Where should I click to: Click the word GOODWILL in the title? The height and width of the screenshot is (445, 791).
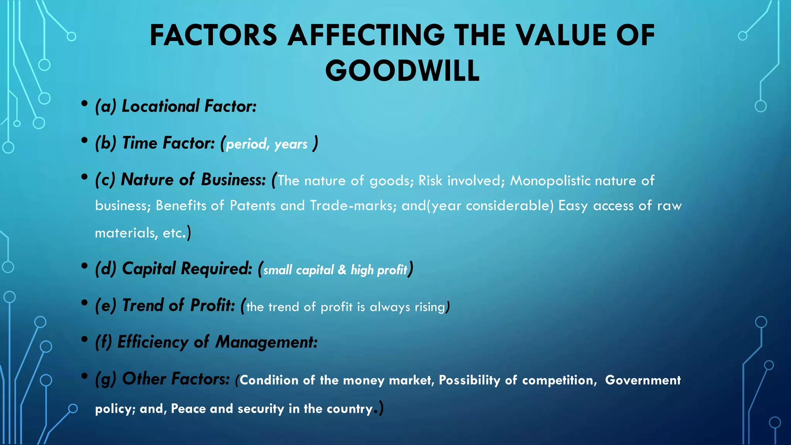tap(402, 71)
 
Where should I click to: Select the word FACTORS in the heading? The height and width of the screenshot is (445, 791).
tap(213, 36)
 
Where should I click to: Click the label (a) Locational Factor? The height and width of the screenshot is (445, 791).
tap(176, 106)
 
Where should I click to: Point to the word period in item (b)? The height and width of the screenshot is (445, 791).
tap(247, 144)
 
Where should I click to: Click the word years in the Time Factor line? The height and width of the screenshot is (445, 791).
tap(291, 144)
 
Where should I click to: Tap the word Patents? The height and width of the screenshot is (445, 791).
tap(253, 206)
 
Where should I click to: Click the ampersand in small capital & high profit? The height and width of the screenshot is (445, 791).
tap(342, 270)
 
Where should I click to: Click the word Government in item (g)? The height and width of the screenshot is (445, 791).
tap(643, 380)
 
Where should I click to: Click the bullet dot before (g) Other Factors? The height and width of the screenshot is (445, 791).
tap(84, 376)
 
